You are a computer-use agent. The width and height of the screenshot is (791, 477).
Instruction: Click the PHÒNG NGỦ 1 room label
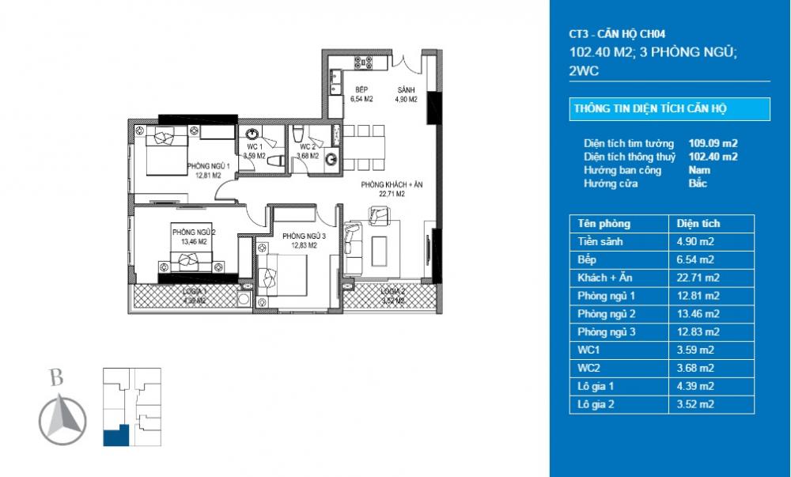pos(208,166)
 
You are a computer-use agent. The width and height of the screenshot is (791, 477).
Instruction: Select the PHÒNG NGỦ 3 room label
pos(299,236)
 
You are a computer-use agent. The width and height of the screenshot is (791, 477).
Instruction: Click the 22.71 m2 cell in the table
pos(693,278)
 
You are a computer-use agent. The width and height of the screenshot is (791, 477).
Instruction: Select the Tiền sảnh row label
pos(600,241)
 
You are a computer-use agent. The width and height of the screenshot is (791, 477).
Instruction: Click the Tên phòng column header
pos(604,224)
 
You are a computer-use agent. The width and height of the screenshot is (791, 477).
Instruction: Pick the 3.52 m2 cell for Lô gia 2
pos(693,405)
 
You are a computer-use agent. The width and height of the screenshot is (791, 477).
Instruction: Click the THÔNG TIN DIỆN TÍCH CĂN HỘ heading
pos(649,109)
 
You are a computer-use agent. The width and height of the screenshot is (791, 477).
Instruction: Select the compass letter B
pos(56,378)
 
